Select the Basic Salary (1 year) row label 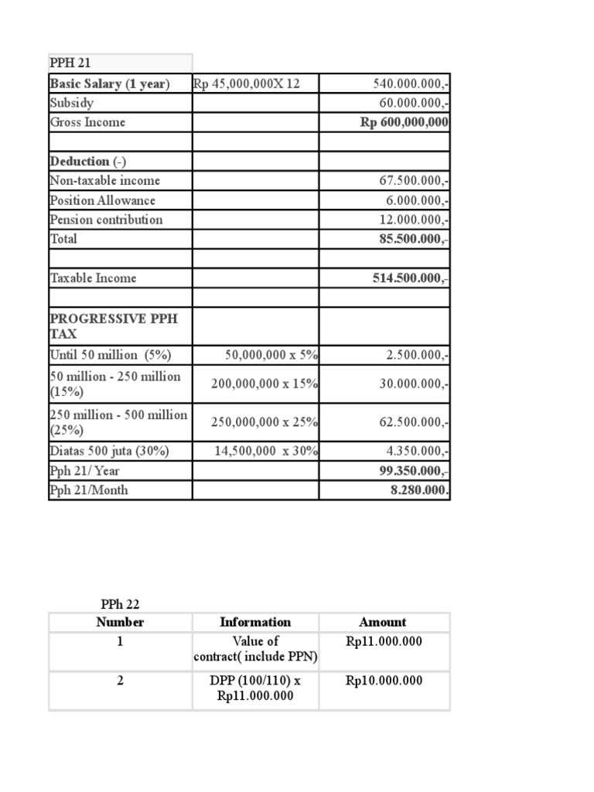(109, 84)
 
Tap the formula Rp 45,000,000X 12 (246, 84)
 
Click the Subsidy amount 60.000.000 (411, 103)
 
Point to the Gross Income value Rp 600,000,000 (405, 122)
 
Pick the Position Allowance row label (102, 200)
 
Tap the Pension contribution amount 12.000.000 (411, 220)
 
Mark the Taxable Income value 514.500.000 (411, 278)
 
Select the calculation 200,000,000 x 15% (265, 384)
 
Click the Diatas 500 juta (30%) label (109, 451)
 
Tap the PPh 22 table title (120, 604)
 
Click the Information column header (255, 622)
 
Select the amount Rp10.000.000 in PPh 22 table (384, 681)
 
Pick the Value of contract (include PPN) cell (255, 649)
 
